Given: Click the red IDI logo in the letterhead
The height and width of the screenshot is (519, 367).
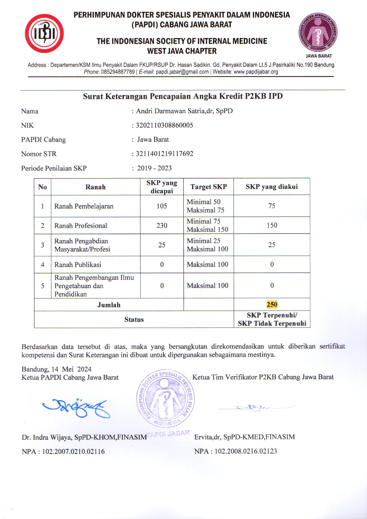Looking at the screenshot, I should [x=44, y=33].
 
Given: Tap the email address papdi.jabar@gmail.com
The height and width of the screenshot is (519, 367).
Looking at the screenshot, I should [x=182, y=72].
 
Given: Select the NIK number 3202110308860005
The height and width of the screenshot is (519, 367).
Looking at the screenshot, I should [x=164, y=125].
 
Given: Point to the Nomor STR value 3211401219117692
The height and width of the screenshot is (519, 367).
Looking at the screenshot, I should [x=164, y=154].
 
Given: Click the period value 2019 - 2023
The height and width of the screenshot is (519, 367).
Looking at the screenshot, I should [x=154, y=168].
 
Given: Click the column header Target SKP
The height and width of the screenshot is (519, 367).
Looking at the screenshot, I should [x=209, y=187].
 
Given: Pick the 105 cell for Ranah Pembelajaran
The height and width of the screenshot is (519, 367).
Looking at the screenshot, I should [x=162, y=206].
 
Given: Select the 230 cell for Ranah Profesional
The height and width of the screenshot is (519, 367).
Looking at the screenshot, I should [x=162, y=226].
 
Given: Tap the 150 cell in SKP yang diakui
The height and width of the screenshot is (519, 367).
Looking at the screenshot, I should [x=272, y=225].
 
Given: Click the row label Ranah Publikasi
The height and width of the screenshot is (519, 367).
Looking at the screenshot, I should [x=78, y=265].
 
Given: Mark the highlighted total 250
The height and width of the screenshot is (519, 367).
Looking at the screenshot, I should [x=272, y=305].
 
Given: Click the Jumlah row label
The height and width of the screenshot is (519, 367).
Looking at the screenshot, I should [x=109, y=305].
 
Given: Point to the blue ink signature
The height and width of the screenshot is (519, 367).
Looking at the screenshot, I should [x=76, y=408].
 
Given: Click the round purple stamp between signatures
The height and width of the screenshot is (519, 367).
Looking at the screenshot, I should [x=165, y=398].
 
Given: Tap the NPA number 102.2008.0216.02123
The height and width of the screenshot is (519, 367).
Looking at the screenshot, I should [x=246, y=451].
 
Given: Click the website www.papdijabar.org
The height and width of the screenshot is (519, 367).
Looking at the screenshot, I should [x=256, y=72].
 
